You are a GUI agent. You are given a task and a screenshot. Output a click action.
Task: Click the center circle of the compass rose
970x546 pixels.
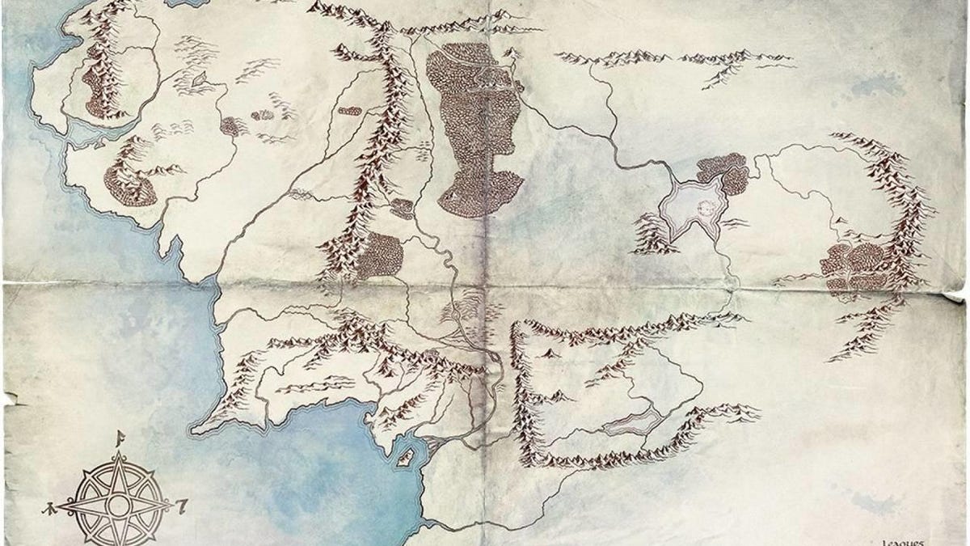coord(119,506)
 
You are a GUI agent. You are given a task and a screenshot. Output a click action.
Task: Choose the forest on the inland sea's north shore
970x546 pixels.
coord(723,171)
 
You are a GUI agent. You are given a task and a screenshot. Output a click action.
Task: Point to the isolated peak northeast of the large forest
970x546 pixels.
coord(511,53)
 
